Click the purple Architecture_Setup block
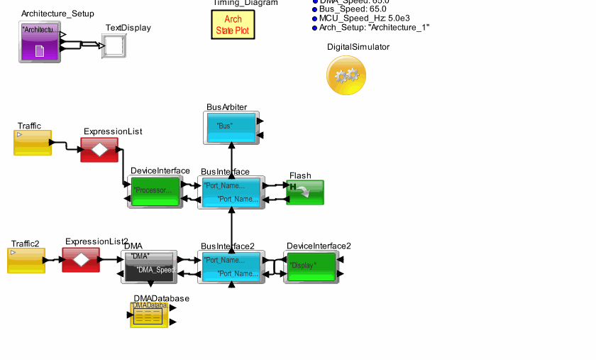tap(40, 41)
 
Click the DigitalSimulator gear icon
tap(346, 75)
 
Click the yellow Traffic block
tap(33, 143)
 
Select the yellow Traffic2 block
tap(26, 261)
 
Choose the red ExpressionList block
tap(99, 150)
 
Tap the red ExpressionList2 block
tap(81, 260)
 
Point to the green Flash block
tap(305, 192)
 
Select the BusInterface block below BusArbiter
tap(231, 192)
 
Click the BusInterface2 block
tap(231, 267)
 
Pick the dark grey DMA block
tap(149, 267)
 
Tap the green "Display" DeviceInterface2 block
tap(311, 267)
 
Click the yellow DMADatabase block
tap(149, 315)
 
